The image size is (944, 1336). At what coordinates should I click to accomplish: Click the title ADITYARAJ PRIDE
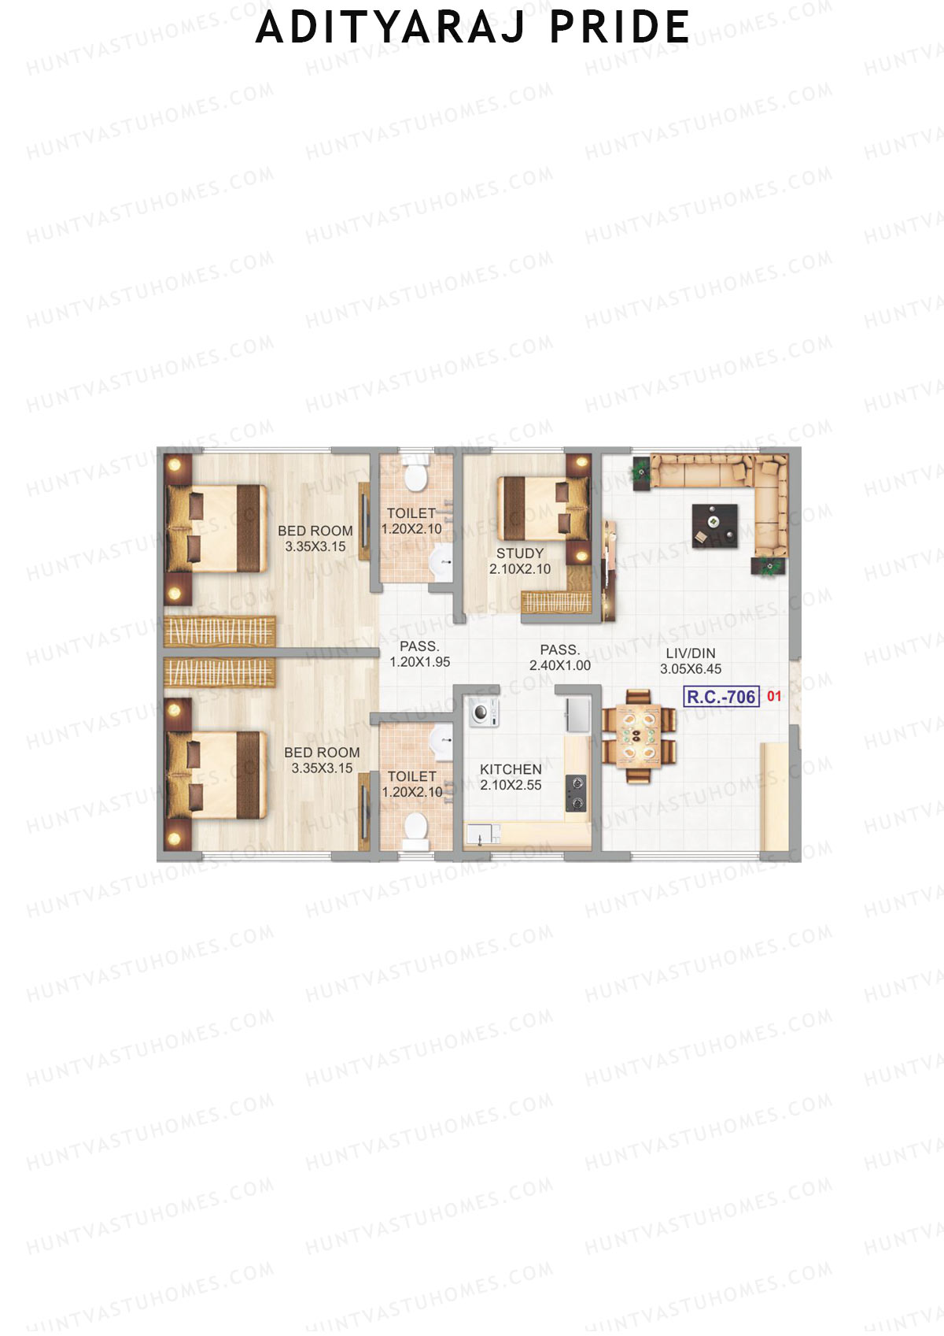coord(473,28)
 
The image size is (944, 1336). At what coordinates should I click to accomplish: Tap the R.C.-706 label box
coord(721,697)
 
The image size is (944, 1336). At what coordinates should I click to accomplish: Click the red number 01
coord(774,696)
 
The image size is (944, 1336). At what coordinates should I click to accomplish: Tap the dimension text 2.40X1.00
coord(559,665)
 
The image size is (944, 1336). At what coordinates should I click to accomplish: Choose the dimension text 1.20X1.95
coord(419,662)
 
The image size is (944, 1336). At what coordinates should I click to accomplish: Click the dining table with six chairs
coord(638,736)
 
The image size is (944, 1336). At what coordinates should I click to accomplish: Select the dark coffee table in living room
coord(714,525)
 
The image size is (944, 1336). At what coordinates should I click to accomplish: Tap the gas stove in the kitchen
coord(576,793)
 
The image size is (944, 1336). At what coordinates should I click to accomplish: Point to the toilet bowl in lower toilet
coord(415,828)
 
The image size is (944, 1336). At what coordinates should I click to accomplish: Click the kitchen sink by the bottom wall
coord(481,834)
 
